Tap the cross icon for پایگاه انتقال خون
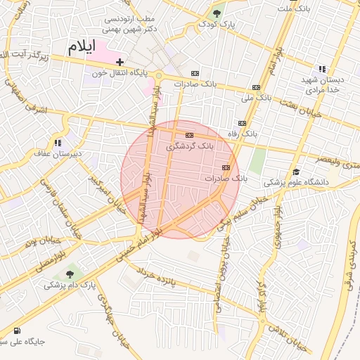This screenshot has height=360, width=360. click(x=120, y=62)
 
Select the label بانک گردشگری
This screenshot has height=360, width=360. click(x=188, y=147)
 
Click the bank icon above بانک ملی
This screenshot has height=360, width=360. click(x=255, y=87)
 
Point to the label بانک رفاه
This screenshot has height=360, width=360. click(x=243, y=133)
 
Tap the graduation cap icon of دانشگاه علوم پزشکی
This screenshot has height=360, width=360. click(x=296, y=172)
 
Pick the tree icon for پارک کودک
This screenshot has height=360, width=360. click(x=218, y=13)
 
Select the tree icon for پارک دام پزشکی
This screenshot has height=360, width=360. click(x=69, y=274)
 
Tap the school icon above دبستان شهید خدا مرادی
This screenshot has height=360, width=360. click(x=321, y=69)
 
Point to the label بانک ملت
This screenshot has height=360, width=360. click(x=294, y=8)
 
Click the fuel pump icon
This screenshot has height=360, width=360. click(x=16, y=330)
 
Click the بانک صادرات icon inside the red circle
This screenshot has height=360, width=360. click(x=226, y=167)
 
